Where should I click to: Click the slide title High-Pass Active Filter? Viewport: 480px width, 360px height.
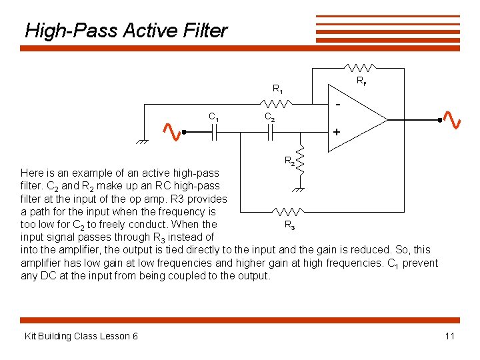click(126, 31)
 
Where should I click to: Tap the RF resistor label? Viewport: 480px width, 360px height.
click(361, 82)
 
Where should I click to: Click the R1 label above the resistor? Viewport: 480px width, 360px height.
click(278, 89)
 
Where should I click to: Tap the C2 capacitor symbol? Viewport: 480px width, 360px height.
click(271, 133)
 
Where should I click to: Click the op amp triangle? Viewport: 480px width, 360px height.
click(360, 119)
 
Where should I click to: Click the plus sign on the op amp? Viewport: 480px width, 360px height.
click(337, 133)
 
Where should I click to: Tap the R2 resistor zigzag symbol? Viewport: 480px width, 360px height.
click(301, 159)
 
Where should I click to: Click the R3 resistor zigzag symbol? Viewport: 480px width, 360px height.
click(289, 212)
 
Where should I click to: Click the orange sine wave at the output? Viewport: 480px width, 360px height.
click(452, 119)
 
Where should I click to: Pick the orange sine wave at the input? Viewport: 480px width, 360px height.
click(172, 132)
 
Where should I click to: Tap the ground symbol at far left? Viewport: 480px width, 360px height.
click(141, 142)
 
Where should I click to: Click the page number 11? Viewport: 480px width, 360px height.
click(449, 336)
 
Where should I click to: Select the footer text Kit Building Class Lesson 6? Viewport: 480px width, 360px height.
click(81, 336)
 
